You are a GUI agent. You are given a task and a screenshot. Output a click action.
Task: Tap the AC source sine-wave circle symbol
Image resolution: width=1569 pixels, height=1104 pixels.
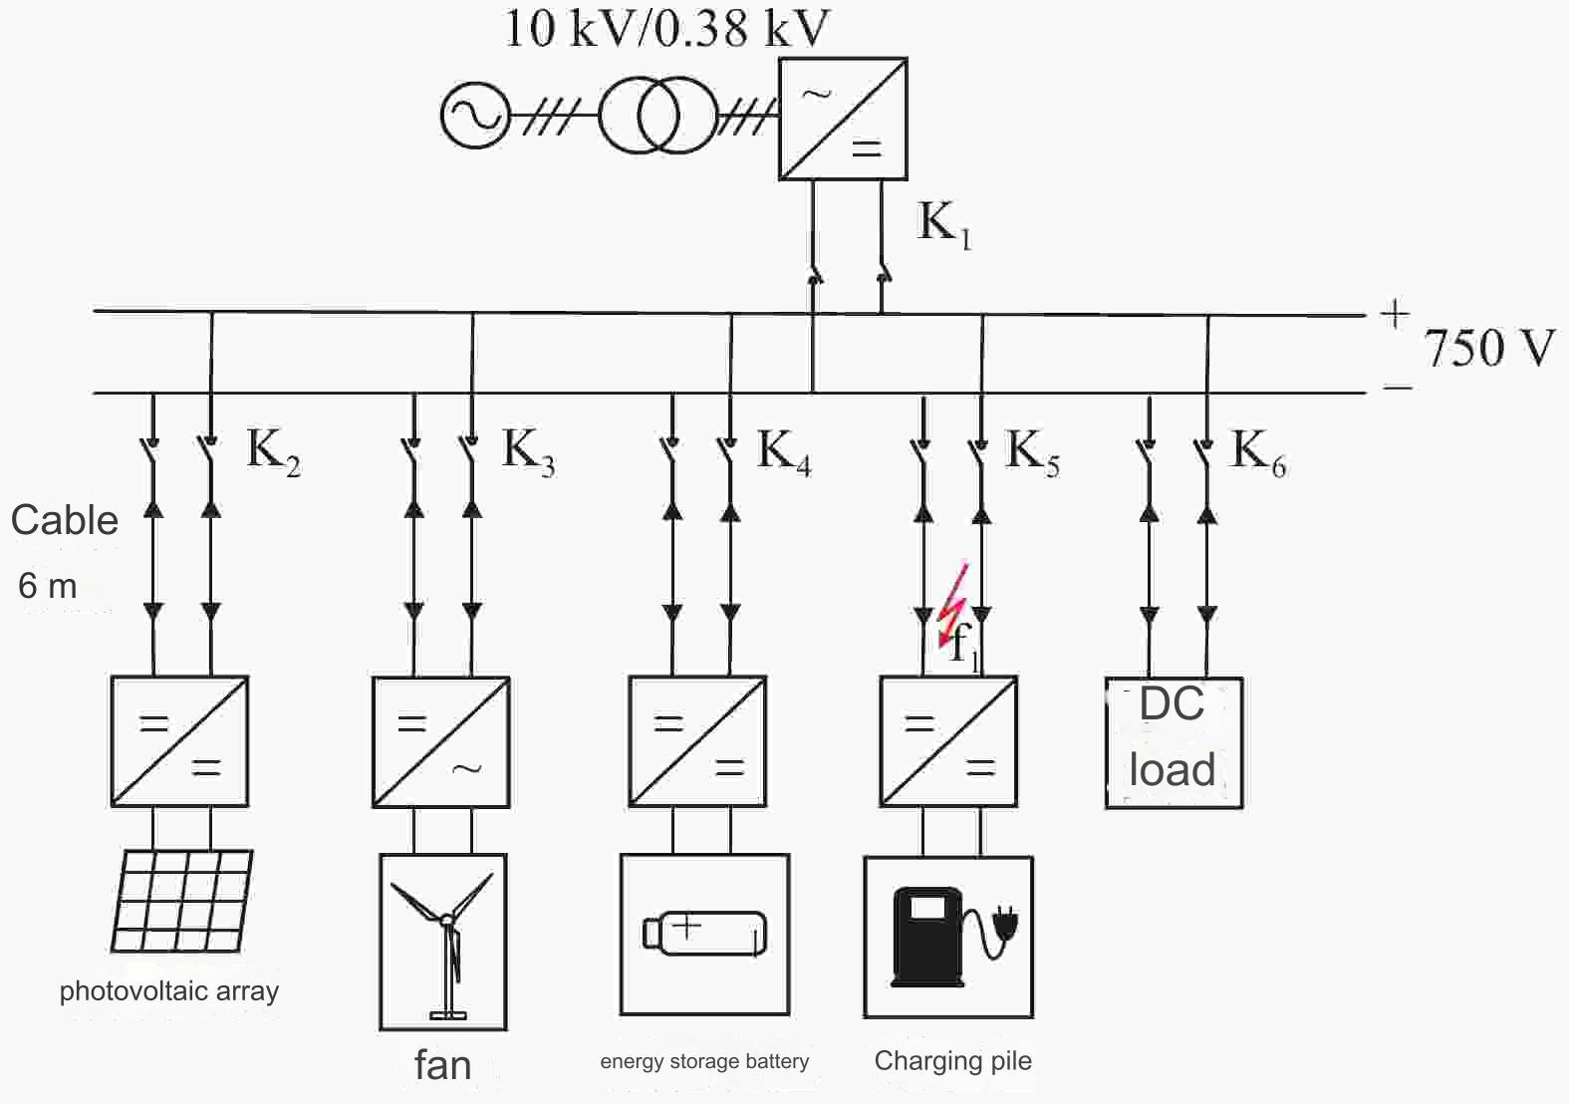[x=475, y=115]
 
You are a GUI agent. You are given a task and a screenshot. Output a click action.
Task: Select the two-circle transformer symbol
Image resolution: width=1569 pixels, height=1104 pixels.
[x=657, y=116]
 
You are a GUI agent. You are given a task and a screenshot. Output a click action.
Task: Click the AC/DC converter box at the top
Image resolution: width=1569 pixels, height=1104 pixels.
[x=842, y=119]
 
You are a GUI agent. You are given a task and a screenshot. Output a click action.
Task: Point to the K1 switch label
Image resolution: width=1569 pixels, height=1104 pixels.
[x=942, y=224]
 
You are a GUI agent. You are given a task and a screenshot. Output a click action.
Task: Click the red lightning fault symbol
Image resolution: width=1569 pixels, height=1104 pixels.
[x=953, y=604]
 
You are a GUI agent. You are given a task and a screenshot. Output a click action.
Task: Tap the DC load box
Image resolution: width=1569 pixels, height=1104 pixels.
[x=1174, y=742]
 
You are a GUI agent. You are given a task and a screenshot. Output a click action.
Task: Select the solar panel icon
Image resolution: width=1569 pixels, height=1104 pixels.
[x=182, y=901]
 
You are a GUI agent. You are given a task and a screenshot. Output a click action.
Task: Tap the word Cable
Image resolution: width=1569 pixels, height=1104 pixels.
[x=65, y=520]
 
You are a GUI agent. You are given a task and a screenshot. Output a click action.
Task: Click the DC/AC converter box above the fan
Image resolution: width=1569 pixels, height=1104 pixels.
[x=441, y=742]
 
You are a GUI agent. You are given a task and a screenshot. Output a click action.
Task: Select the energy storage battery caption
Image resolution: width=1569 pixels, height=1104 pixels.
[x=704, y=1061]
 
